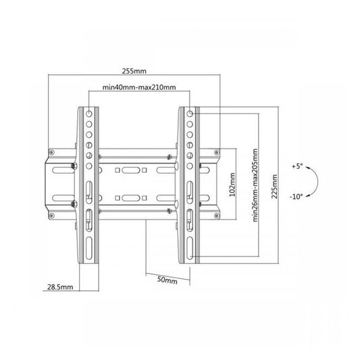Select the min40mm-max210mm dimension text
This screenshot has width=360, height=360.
pyautogui.click(x=139, y=87)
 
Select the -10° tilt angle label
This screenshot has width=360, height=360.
pyautogui.click(x=297, y=197)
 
